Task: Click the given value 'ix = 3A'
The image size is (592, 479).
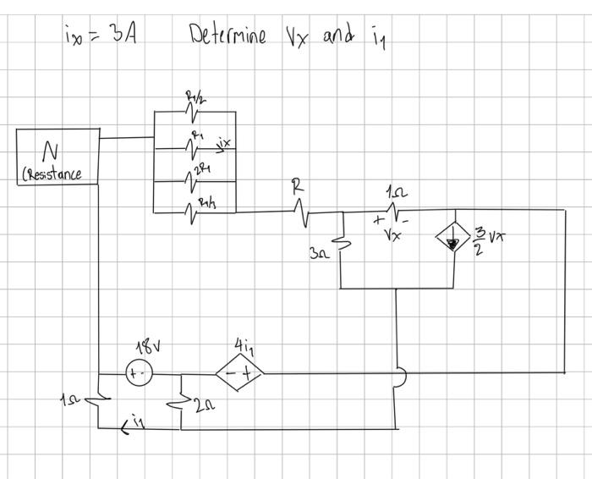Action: click(x=101, y=36)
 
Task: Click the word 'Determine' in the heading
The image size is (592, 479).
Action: click(x=227, y=36)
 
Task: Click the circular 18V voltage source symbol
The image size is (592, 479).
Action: click(x=138, y=374)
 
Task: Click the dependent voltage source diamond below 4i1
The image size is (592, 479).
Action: click(x=239, y=373)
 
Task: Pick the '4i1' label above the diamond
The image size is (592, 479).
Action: click(x=243, y=346)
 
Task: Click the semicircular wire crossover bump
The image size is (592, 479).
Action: click(x=403, y=375)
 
